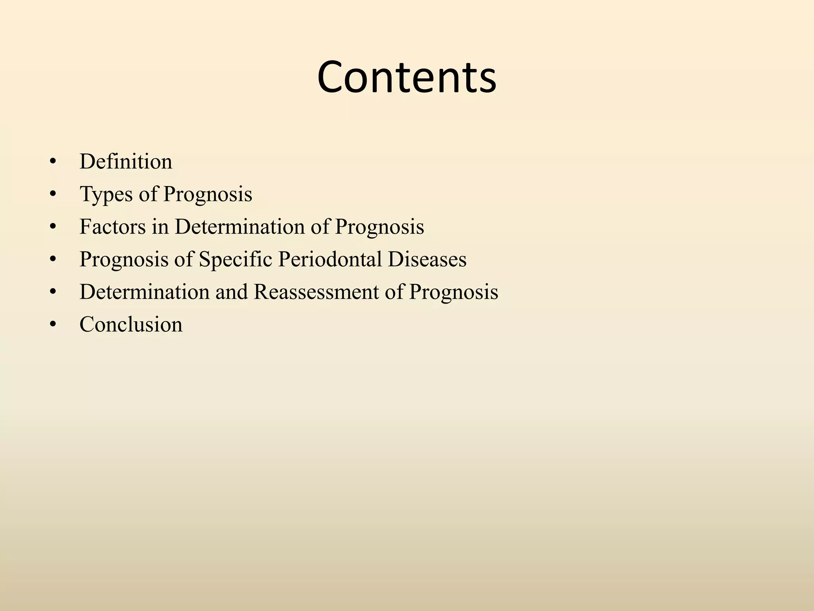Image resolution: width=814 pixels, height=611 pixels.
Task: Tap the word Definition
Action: coord(126,162)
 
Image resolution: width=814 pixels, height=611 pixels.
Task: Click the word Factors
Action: coord(112,227)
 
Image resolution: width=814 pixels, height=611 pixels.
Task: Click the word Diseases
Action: coord(427,259)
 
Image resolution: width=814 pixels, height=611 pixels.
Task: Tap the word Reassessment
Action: coord(316,292)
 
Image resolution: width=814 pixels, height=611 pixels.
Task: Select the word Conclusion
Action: coord(131,325)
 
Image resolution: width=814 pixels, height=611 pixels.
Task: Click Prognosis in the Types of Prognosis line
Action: coord(207,195)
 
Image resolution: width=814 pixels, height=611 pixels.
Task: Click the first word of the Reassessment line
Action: coord(144,292)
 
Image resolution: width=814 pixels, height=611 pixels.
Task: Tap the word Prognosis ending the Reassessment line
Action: coord(454,292)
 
